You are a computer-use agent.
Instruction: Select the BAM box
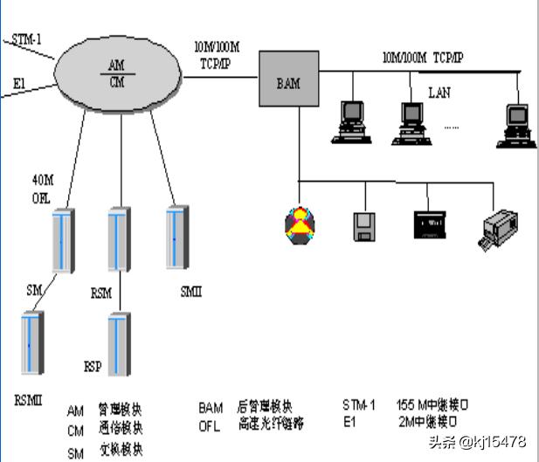pyautogui.click(x=287, y=84)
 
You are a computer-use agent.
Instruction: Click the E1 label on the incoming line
pyautogui.click(x=19, y=83)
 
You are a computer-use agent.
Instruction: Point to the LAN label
pyautogui.click(x=439, y=92)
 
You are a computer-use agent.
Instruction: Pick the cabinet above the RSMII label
pyautogui.click(x=31, y=344)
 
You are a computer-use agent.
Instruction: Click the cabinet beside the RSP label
pyautogui.click(x=119, y=346)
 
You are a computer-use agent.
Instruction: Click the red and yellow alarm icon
pyautogui.click(x=299, y=225)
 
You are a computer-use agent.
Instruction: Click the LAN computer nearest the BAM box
pyautogui.click(x=352, y=121)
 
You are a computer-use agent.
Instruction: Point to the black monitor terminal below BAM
pyautogui.click(x=430, y=224)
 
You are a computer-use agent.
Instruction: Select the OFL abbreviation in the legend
pyautogui.click(x=211, y=424)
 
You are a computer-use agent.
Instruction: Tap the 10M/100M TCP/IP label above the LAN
pyautogui.click(x=423, y=58)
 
